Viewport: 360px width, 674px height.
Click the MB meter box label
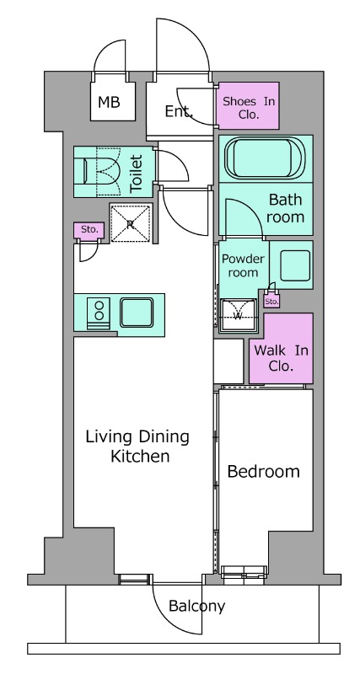(x=109, y=102)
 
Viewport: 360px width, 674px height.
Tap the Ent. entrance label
(x=179, y=111)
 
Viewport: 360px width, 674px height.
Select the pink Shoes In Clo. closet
(x=248, y=106)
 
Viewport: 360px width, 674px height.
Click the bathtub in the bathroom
(x=265, y=158)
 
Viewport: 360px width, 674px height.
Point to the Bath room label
(x=285, y=208)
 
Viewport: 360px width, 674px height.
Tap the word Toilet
(x=136, y=174)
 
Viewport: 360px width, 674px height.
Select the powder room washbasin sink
(x=295, y=265)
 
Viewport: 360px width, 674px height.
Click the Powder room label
(x=243, y=265)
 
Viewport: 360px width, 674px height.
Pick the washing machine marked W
(x=238, y=316)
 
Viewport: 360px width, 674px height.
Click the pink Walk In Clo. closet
(x=282, y=349)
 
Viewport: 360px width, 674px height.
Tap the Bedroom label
(x=263, y=472)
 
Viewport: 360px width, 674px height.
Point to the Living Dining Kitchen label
(x=137, y=447)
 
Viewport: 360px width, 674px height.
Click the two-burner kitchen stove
(x=99, y=313)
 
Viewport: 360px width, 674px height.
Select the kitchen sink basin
(x=137, y=313)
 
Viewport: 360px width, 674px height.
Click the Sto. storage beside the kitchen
(x=89, y=230)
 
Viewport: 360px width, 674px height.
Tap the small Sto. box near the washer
(x=271, y=302)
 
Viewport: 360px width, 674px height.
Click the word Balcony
(x=196, y=606)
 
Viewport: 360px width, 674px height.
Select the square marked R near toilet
(x=131, y=222)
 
